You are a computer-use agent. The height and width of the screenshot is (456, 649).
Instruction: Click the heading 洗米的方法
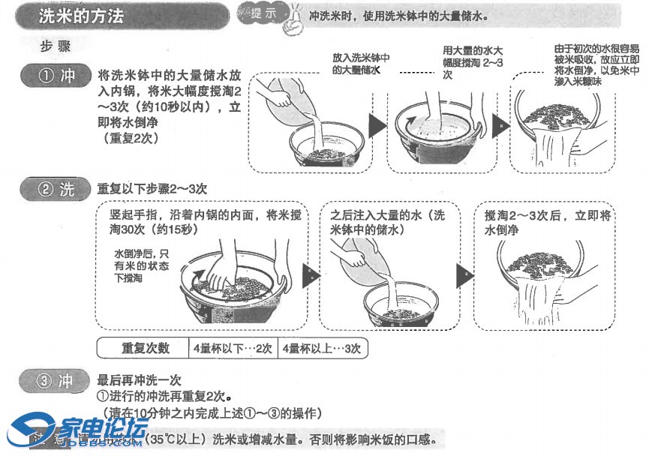click(82, 16)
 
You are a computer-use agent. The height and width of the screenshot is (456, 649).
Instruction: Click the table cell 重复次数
click(145, 349)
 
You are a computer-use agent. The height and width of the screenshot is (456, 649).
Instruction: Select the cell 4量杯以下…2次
click(233, 349)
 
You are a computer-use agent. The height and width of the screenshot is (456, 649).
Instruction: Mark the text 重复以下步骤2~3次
click(152, 189)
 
